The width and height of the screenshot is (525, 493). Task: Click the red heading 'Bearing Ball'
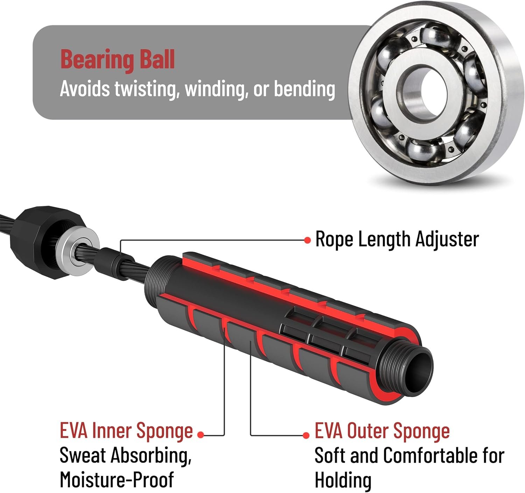(x=118, y=60)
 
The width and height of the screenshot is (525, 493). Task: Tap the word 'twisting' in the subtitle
(x=145, y=89)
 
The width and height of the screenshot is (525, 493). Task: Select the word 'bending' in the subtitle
(x=304, y=89)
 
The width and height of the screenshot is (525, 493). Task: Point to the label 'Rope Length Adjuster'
(x=397, y=239)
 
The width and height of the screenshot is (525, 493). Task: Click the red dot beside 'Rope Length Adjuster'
(x=307, y=240)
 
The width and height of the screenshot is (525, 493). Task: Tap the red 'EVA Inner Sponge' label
(x=126, y=431)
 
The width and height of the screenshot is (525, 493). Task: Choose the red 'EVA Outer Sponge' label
(x=382, y=431)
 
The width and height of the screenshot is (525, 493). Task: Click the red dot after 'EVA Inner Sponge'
(x=201, y=435)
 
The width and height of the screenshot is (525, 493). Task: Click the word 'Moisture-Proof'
(x=117, y=480)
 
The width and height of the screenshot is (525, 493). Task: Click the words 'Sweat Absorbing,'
(x=125, y=456)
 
